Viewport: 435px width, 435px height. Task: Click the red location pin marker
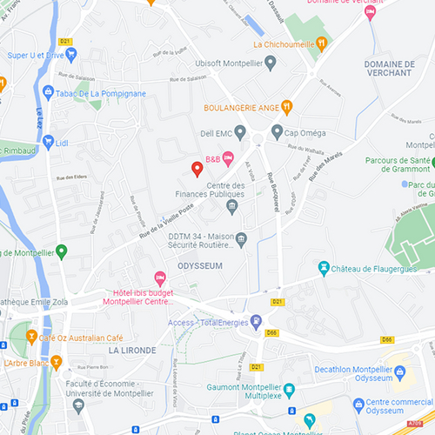(x=197, y=168)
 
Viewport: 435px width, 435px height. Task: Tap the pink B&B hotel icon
(x=228, y=157)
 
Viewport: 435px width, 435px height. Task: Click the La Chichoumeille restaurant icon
(x=321, y=42)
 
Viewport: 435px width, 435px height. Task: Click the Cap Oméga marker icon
(x=277, y=132)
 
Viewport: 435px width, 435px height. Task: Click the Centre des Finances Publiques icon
(x=231, y=206)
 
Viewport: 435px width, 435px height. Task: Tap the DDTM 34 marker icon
(x=243, y=239)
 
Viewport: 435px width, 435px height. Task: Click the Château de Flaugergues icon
(x=325, y=267)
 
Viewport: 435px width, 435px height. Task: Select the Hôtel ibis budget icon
(x=159, y=278)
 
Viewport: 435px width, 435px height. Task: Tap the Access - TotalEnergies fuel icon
(x=256, y=321)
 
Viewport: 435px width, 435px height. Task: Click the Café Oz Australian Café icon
(x=32, y=337)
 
